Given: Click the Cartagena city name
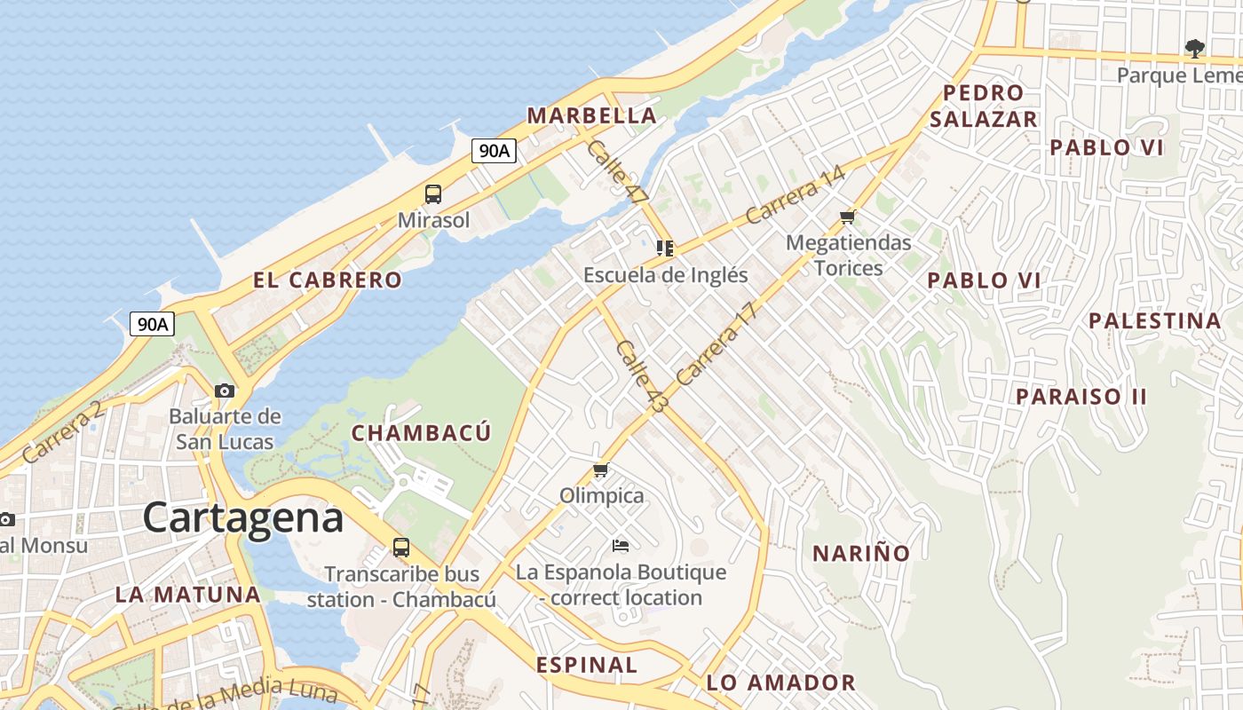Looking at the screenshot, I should (x=242, y=517).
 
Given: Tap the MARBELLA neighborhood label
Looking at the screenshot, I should (x=591, y=115).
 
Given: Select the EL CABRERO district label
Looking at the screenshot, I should (x=328, y=280).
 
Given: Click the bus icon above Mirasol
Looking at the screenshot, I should (x=433, y=194).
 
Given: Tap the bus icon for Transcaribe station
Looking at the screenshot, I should (x=401, y=548).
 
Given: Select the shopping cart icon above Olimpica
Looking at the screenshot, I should (x=601, y=470).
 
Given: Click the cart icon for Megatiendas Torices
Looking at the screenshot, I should (x=848, y=217).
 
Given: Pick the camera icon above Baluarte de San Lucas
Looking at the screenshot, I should (x=225, y=390).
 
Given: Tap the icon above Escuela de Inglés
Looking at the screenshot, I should (x=665, y=248).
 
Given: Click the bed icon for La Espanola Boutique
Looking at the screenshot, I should (x=621, y=546).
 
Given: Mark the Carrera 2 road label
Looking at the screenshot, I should (x=64, y=432).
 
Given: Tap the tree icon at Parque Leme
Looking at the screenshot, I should (x=1195, y=48).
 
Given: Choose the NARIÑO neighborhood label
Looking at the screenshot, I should (x=861, y=554).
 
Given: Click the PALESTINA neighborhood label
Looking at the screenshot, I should (x=1155, y=321).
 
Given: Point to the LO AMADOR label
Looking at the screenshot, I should (x=780, y=682).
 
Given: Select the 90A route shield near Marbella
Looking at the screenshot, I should (x=495, y=151).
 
